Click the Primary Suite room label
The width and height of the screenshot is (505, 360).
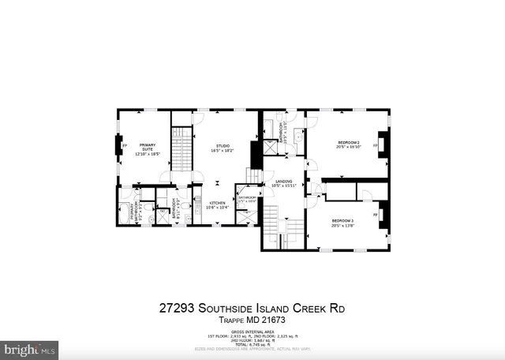click(148, 145)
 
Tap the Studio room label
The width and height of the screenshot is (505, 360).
click(223, 145)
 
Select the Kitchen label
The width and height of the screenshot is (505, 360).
click(218, 204)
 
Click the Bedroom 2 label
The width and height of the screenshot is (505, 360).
click(348, 142)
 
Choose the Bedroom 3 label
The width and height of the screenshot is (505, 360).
click(342, 219)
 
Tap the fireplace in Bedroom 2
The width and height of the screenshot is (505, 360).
click(382, 144)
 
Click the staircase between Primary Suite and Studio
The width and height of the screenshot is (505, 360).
click(183, 148)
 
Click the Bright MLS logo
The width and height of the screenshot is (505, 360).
click(30, 347)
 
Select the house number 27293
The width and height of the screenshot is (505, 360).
click(178, 307)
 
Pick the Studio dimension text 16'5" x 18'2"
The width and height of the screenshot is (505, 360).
click(223, 150)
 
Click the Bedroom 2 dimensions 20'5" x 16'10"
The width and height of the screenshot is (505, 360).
click(348, 147)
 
